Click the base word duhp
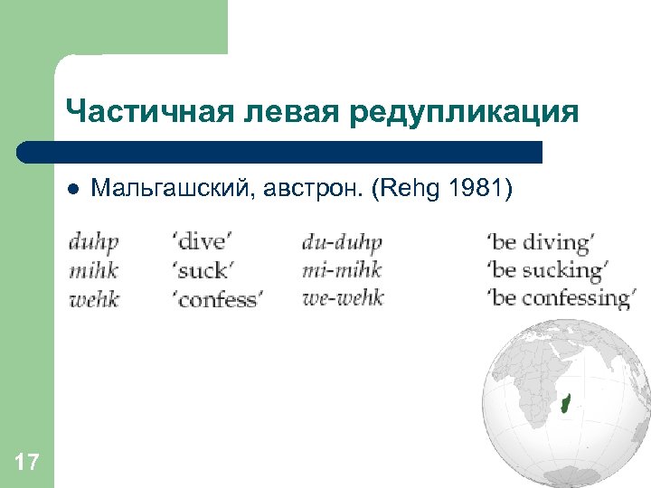(x=93, y=243)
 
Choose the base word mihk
(x=93, y=270)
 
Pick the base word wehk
(x=93, y=297)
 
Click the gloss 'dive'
(x=202, y=243)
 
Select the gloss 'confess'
(x=216, y=298)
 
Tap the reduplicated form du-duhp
(x=342, y=243)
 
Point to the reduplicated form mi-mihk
(x=342, y=270)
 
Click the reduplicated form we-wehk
(x=343, y=297)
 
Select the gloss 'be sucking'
(x=546, y=270)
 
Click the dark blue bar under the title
(x=280, y=151)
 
